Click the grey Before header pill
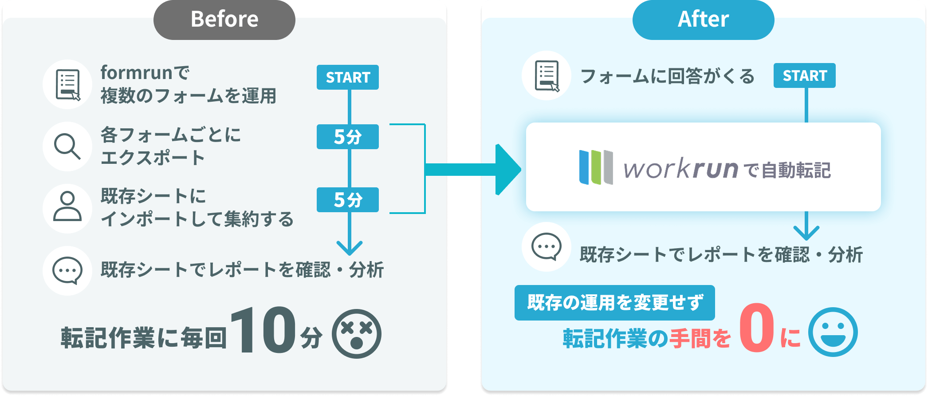click(224, 20)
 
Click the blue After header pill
click(703, 20)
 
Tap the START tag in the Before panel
click(348, 77)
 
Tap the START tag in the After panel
click(805, 75)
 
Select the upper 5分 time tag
click(348, 137)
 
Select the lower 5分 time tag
click(348, 200)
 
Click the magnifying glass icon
click(67, 146)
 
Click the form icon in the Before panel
click(67, 84)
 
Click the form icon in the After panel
click(547, 76)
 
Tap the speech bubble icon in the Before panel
click(67, 270)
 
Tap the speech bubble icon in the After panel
click(546, 246)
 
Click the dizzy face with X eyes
click(356, 334)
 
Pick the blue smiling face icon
click(833, 332)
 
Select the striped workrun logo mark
click(596, 167)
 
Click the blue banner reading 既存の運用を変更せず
click(614, 303)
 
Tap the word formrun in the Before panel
click(136, 73)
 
